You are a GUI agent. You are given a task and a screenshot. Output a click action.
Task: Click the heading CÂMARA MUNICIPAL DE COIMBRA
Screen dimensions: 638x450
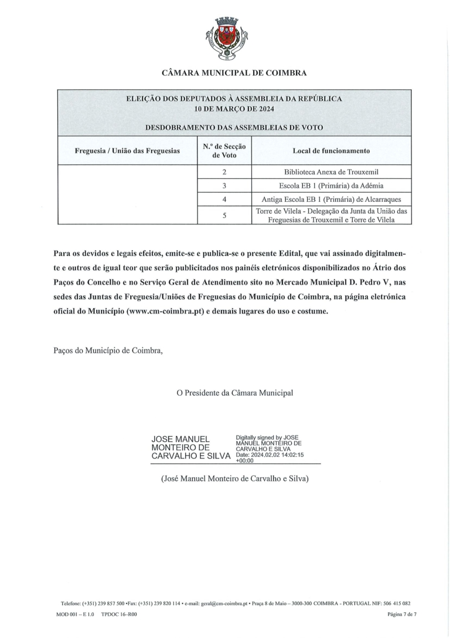coord(234,73)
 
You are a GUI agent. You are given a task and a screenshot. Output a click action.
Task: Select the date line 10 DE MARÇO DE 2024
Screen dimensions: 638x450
coord(234,109)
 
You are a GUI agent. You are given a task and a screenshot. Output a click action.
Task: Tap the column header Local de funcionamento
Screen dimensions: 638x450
coord(331,151)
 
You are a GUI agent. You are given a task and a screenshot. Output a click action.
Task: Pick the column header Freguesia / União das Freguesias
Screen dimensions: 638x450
coord(127,151)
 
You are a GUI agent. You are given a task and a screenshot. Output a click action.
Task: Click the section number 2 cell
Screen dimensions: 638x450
coord(224,172)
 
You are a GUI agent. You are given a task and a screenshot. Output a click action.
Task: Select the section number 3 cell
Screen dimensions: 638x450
coord(224,185)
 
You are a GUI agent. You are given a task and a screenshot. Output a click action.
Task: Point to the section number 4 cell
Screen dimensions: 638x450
coord(224,199)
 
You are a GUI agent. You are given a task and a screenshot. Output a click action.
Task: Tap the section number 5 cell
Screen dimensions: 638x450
coord(224,215)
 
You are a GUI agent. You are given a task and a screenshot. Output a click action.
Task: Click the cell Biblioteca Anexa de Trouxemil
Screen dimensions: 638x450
coord(331,172)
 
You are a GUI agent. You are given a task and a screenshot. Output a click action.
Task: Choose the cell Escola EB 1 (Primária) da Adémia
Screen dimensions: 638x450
coord(331,185)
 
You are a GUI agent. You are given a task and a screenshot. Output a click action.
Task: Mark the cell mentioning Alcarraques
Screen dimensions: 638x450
coord(331,199)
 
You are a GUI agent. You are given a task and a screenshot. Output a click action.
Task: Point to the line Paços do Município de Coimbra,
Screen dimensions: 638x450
coord(108,352)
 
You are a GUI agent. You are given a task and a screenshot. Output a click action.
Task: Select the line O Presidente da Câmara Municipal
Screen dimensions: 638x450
coord(234,393)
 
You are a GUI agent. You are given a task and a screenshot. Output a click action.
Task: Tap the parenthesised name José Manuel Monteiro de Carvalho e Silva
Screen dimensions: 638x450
coord(234,479)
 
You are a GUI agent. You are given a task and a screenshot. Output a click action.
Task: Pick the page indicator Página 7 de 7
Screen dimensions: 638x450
coord(401,614)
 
